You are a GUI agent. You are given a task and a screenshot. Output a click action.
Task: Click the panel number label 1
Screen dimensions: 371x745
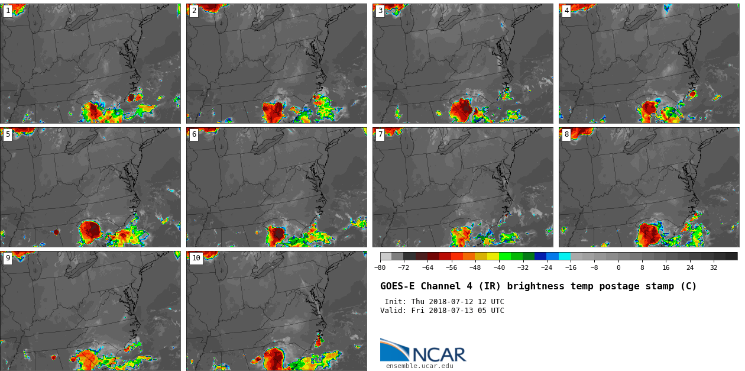point(8,11)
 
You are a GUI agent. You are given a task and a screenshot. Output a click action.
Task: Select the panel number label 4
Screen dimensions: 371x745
point(566,11)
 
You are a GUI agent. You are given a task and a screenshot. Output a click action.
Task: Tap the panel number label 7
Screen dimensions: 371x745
point(380,135)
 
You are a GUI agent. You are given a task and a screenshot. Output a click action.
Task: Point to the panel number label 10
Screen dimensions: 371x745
point(196,259)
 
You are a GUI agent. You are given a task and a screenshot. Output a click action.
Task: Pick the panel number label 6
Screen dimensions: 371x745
point(194,135)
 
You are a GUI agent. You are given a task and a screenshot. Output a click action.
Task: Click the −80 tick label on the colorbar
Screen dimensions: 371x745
point(380,267)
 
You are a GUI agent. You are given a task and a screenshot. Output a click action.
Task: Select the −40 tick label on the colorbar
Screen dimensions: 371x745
point(499,267)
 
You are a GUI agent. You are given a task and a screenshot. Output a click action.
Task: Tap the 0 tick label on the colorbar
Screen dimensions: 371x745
point(618,267)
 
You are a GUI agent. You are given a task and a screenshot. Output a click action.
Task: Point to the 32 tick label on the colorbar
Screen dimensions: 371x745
point(714,267)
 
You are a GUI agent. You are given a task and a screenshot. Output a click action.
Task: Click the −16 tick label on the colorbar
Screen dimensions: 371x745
point(571,267)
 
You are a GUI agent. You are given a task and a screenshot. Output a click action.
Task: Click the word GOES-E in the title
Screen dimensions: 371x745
point(397,286)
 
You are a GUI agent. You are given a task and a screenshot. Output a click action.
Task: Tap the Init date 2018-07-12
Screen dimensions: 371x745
point(450,302)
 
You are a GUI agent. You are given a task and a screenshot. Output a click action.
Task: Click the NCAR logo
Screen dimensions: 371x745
point(423,351)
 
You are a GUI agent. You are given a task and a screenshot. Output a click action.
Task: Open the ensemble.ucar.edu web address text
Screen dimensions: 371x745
point(419,366)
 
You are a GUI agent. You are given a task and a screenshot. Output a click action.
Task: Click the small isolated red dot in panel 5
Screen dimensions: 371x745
point(56,232)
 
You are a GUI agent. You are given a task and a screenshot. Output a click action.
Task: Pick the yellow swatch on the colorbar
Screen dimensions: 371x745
point(493,256)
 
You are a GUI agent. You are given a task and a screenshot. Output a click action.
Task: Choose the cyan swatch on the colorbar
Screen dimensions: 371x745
point(564,256)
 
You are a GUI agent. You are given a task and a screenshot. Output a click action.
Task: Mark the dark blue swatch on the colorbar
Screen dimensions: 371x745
point(540,256)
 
